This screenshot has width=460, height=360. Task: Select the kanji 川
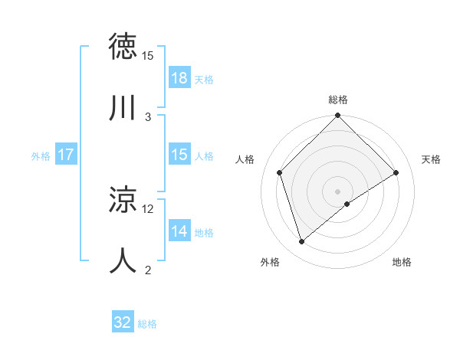point(123,108)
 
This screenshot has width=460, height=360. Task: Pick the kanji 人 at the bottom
point(123,260)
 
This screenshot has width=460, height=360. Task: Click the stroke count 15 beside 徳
point(148,56)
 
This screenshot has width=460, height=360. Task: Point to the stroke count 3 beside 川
point(148,116)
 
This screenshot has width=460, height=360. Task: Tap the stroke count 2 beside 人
point(148,270)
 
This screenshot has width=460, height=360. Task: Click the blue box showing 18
point(179,78)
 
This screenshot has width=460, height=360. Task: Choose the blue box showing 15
point(179,155)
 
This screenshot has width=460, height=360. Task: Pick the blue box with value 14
point(179,231)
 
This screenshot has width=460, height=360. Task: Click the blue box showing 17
point(66,155)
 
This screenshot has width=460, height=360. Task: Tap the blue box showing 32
point(123,322)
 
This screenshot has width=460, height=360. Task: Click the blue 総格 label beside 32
point(147,324)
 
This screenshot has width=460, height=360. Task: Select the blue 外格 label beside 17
point(41,155)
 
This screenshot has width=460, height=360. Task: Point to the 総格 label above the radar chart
point(338,100)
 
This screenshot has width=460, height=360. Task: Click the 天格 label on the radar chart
point(431,159)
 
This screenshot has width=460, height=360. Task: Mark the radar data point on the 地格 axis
point(347,204)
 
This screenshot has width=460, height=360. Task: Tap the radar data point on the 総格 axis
point(338,116)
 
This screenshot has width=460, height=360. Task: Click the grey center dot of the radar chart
point(338,191)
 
